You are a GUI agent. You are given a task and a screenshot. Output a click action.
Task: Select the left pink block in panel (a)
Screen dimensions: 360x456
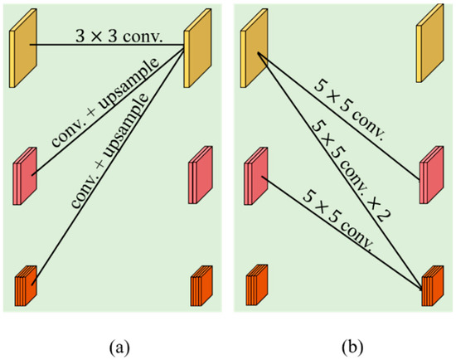(x=25, y=176)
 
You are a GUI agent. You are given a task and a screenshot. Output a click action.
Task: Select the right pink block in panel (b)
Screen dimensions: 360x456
(x=432, y=174)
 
